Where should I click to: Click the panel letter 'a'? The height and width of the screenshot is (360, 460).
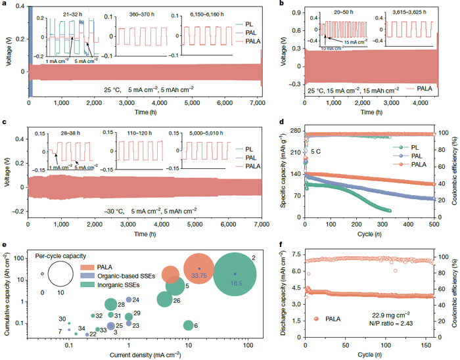click(4, 5)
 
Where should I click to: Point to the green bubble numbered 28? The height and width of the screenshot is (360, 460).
click(110, 305)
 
